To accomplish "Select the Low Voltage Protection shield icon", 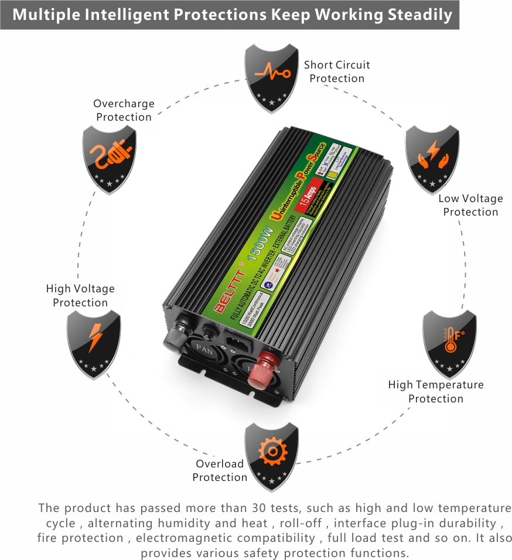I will pyautogui.click(x=432, y=158).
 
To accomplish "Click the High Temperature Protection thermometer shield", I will pyautogui.click(x=449, y=343).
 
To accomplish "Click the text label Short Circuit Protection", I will pyautogui.click(x=337, y=71).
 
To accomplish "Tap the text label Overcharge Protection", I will pyautogui.click(x=124, y=110).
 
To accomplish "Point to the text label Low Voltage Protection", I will pyautogui.click(x=470, y=205).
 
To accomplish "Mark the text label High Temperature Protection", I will pyautogui.click(x=436, y=391).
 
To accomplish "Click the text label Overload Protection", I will pyautogui.click(x=220, y=470).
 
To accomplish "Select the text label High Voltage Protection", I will pyautogui.click(x=80, y=295).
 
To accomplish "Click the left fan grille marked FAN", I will pyautogui.click(x=206, y=351).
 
